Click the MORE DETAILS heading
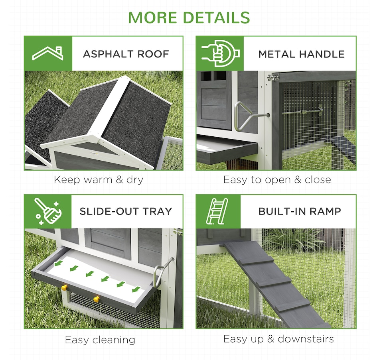point(189,18)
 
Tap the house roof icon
point(48,53)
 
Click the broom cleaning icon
point(48,211)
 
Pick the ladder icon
point(217,211)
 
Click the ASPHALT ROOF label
point(126,54)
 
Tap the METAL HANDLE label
point(302,54)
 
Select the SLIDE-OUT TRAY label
point(126,211)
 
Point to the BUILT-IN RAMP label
point(300,211)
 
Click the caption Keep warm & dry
point(99,180)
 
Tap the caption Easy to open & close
point(277,180)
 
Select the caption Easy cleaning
point(100,340)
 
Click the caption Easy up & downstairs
point(278,339)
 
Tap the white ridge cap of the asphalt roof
point(109,109)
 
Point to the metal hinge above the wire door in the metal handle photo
point(273,77)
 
